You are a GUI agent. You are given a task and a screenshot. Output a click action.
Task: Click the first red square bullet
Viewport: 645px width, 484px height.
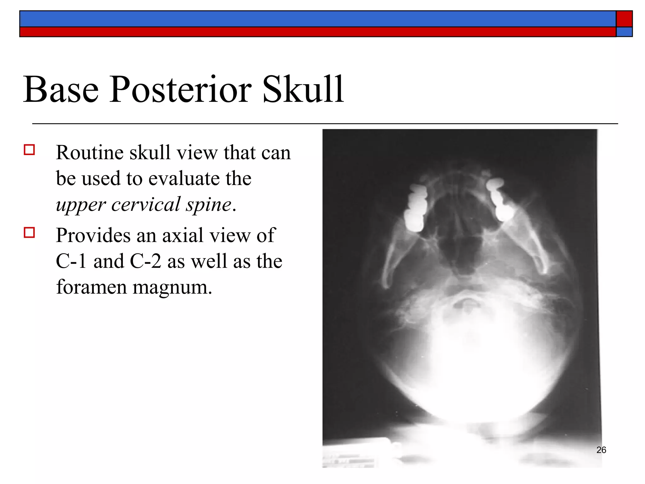pyautogui.click(x=29, y=150)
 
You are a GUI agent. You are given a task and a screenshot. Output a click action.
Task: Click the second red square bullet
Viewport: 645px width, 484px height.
pyautogui.click(x=29, y=233)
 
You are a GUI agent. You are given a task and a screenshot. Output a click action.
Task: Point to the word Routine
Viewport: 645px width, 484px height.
pyautogui.click(x=90, y=153)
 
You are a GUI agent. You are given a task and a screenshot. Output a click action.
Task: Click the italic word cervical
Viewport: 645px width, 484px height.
pyautogui.click(x=146, y=205)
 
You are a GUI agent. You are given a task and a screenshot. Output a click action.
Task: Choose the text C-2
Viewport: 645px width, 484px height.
pyautogui.click(x=146, y=261)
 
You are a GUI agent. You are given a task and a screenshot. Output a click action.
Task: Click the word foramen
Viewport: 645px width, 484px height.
pyautogui.click(x=91, y=287)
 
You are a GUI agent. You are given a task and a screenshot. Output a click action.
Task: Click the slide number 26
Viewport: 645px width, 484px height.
pyautogui.click(x=601, y=450)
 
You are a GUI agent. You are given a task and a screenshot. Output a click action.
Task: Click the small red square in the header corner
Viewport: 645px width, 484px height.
pyautogui.click(x=624, y=19)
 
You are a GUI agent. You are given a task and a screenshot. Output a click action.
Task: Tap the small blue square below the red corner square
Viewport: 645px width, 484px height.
pyautogui.click(x=624, y=32)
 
